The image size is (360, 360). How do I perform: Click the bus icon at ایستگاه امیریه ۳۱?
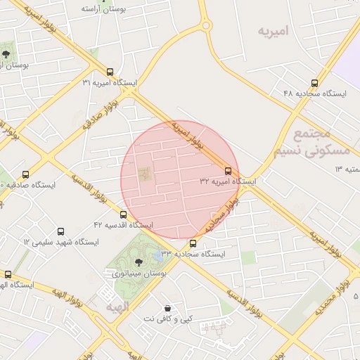110,72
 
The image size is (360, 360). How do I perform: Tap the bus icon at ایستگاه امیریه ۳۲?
227,171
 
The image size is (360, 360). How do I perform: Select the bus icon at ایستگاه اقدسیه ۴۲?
124,214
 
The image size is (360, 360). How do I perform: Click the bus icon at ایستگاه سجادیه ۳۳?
193,243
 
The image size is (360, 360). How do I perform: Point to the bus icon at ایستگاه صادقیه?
26,174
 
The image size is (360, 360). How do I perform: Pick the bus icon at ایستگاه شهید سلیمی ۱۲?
60,231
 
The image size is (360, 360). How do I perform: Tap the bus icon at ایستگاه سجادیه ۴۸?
315,82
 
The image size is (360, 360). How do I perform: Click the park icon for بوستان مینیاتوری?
137,262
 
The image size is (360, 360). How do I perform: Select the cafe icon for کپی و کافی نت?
167,308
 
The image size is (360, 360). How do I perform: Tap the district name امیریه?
274,32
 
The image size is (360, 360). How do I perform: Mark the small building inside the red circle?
145,172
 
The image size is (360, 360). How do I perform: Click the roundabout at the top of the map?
206,26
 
